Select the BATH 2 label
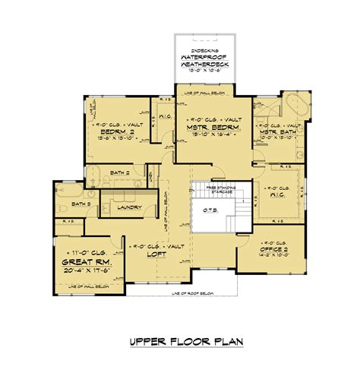pos(118,174)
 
